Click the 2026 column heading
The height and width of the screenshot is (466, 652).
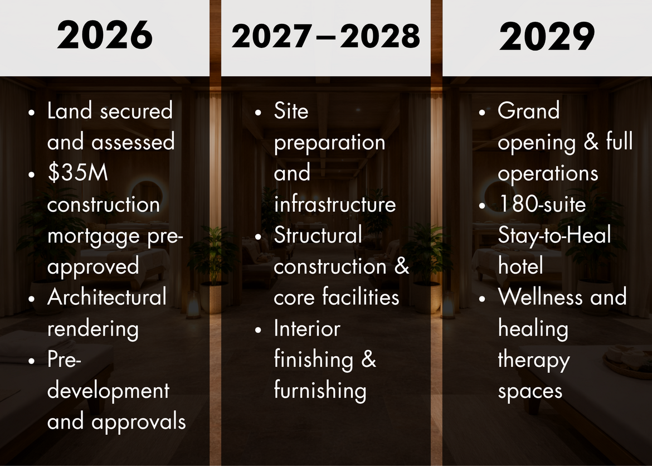[105, 36]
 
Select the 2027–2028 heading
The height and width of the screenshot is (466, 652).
[325, 36]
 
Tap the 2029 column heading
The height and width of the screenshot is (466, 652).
[547, 37]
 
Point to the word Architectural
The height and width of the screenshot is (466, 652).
[107, 297]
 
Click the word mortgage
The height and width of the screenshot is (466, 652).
[94, 237]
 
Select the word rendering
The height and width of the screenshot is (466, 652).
[93, 329]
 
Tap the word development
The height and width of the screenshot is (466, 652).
[109, 391]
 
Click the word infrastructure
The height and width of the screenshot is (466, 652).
[335, 204]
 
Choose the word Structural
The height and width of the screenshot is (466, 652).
[318, 235]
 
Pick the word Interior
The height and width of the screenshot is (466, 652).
[307, 328]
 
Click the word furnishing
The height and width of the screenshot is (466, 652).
[320, 391]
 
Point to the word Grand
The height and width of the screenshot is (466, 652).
[528, 111]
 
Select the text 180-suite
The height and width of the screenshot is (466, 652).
[542, 204]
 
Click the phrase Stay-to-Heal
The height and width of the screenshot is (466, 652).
[554, 235]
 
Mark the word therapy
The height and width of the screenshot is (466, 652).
[534, 360]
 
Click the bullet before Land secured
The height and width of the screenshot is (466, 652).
[32, 113]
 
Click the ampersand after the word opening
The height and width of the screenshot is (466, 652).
[591, 142]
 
